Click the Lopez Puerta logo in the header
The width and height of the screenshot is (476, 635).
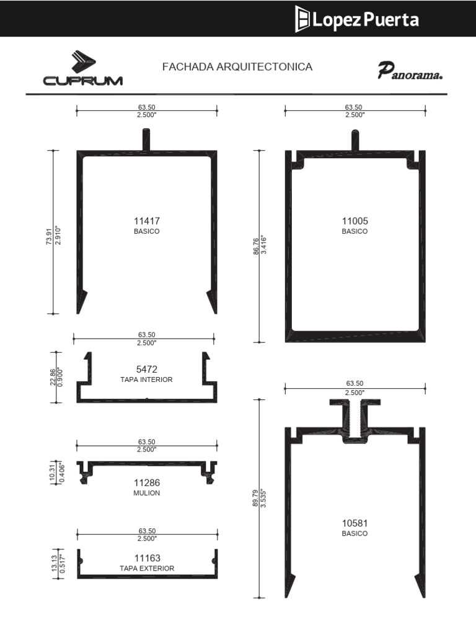pyautogui.click(x=356, y=19)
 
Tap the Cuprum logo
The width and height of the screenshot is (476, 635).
pyautogui.click(x=83, y=68)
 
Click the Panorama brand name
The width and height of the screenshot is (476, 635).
pyautogui.click(x=410, y=71)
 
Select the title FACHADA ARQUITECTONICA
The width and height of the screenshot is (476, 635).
pyautogui.click(x=237, y=67)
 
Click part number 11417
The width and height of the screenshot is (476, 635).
pyautogui.click(x=146, y=221)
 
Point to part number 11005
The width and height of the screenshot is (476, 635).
pyautogui.click(x=355, y=221)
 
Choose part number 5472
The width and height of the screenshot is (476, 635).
pyautogui.click(x=146, y=370)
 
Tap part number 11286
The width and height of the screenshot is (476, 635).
pyautogui.click(x=146, y=482)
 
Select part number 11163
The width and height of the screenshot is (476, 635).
pyautogui.click(x=148, y=558)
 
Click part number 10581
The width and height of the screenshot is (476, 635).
pyautogui.click(x=355, y=523)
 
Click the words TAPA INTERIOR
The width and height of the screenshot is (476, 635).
pyautogui.click(x=146, y=380)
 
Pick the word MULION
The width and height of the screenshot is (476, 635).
pyautogui.click(x=146, y=493)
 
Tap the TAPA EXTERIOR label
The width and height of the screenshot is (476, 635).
pyautogui.click(x=147, y=569)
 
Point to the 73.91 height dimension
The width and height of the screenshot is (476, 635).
pyautogui.click(x=49, y=237)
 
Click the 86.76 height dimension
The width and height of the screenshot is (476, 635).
pyautogui.click(x=256, y=246)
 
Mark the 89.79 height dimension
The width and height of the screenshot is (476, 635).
pyautogui.click(x=255, y=498)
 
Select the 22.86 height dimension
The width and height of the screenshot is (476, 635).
pyautogui.click(x=53, y=376)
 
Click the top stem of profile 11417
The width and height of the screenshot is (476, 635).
pyautogui.click(x=146, y=140)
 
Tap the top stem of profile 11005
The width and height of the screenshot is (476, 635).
pyautogui.click(x=355, y=140)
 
